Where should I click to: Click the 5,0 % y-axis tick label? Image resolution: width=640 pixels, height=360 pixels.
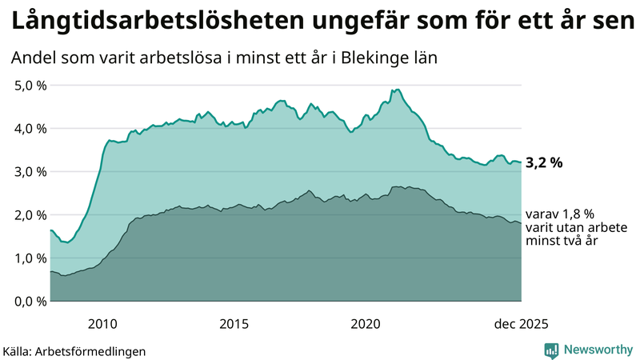[x=30, y=85]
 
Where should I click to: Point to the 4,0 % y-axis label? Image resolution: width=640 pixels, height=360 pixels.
[x=30, y=128]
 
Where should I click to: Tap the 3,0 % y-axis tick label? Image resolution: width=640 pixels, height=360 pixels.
[x=30, y=171]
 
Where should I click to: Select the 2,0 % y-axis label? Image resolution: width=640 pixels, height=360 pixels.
[x=30, y=214]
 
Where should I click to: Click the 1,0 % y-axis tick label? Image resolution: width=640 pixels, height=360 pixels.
[x=30, y=258]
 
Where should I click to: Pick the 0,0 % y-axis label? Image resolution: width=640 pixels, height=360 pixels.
[x=30, y=301]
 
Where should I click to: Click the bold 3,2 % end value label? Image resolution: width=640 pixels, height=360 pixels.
[x=544, y=163]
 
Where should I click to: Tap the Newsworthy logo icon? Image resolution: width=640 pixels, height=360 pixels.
[x=551, y=350]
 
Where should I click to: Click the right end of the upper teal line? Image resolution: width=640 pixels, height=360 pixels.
[x=521, y=162]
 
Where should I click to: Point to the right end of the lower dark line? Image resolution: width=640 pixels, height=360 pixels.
[x=521, y=223]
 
